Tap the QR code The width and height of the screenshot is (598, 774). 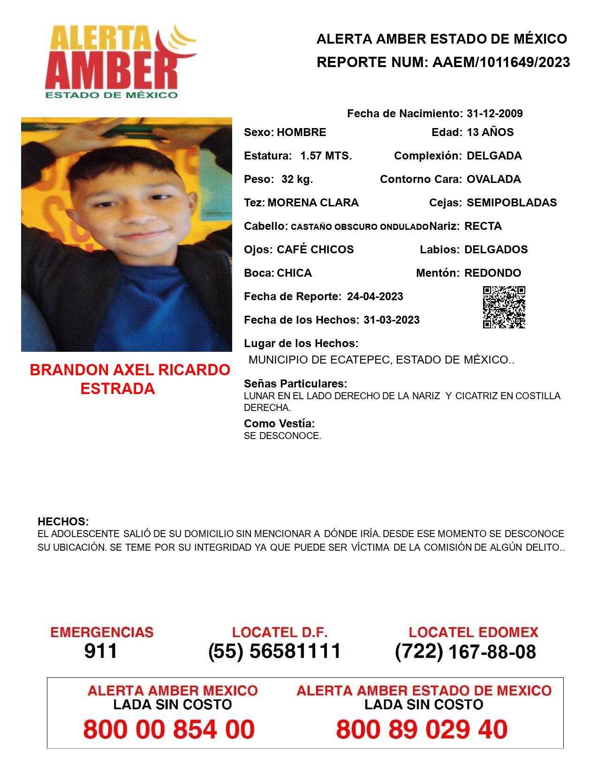504,307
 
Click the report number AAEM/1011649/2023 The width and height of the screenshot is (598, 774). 501,62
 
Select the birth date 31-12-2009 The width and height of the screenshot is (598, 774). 494,114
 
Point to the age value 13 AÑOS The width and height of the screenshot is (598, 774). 490,132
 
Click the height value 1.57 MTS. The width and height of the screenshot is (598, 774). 326,156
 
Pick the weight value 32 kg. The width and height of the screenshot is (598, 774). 297,179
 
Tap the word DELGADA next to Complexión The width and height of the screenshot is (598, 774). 494,156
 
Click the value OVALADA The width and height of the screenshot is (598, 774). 493,179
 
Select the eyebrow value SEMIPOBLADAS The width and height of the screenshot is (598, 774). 512,203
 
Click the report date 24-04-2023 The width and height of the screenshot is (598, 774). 375,296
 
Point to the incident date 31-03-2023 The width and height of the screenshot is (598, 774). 391,320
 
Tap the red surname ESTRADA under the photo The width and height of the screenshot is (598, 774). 118,388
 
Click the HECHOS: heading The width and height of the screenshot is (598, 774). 63,522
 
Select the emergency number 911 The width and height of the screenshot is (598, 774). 101,651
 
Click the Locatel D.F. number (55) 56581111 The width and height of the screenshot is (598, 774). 274,651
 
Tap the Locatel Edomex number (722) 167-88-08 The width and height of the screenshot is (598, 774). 465,652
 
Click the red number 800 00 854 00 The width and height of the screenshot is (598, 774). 169,729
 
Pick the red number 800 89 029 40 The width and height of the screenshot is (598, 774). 422,729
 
